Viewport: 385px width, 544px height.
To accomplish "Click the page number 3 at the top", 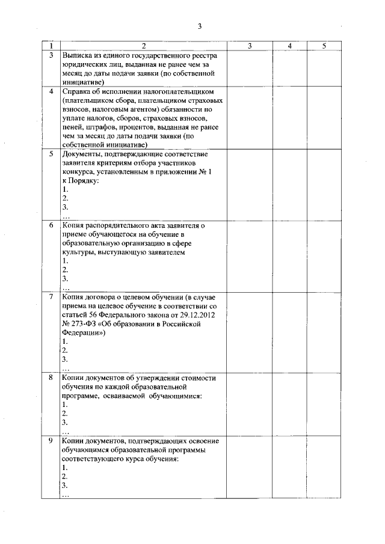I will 200,25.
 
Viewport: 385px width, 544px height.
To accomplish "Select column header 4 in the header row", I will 289,46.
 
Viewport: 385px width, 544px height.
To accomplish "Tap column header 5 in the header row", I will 324,46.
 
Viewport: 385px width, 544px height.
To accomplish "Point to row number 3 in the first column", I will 51,55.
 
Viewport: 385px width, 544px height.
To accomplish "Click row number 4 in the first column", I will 51,91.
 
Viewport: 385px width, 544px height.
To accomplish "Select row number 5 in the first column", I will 51,154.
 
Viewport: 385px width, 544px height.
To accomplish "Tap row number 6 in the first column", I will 51,225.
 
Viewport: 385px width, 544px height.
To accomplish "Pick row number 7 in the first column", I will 51,297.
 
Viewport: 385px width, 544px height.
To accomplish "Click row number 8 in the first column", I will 51,377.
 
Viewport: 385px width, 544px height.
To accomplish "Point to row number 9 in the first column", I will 51,441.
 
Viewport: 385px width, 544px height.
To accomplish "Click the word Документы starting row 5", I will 84,154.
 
